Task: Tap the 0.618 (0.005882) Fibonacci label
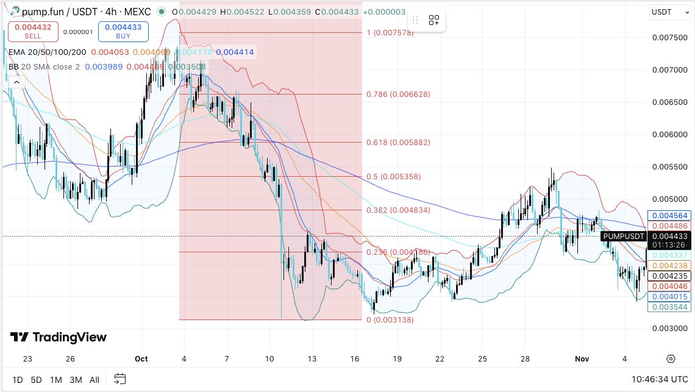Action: pos(398,143)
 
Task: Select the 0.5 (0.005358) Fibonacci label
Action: pos(393,177)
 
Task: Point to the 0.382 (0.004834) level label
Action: pos(398,210)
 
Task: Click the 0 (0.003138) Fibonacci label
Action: pos(390,320)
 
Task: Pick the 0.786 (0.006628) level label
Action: pos(398,94)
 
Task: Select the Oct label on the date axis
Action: pos(141,359)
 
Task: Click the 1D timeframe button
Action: pos(17,380)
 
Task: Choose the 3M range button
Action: pos(76,380)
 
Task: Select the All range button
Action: pos(94,380)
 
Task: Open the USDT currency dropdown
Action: pos(666,12)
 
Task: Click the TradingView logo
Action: pos(58,337)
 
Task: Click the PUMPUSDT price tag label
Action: pos(622,237)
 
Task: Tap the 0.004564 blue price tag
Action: pos(670,216)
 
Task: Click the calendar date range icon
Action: pos(120,379)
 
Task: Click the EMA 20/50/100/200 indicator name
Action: pos(47,52)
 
